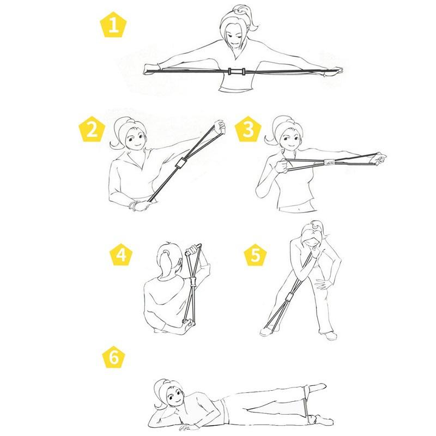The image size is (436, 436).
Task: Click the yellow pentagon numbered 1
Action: [x=113, y=25]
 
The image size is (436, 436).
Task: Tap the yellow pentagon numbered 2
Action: [x=92, y=129]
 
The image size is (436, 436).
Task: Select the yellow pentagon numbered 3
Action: [x=248, y=129]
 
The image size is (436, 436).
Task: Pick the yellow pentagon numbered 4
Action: [x=121, y=255]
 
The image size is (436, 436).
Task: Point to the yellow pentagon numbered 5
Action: [x=255, y=255]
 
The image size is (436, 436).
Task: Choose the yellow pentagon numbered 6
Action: [x=114, y=357]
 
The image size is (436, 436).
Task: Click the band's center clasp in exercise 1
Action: [x=237, y=71]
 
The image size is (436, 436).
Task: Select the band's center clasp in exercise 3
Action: [x=330, y=161]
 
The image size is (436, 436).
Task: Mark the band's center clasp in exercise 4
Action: [x=193, y=281]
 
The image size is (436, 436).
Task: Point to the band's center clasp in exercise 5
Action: [x=289, y=297]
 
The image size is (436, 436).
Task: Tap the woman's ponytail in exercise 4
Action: [x=165, y=263]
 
